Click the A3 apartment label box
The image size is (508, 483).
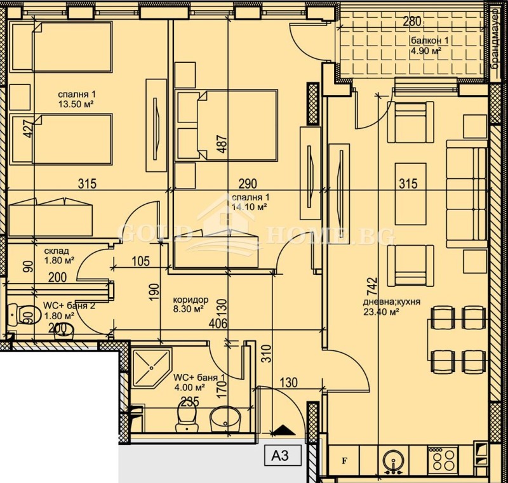click(279, 454)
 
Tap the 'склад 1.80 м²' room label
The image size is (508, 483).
click(59, 255)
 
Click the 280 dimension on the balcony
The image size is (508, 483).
click(412, 22)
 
